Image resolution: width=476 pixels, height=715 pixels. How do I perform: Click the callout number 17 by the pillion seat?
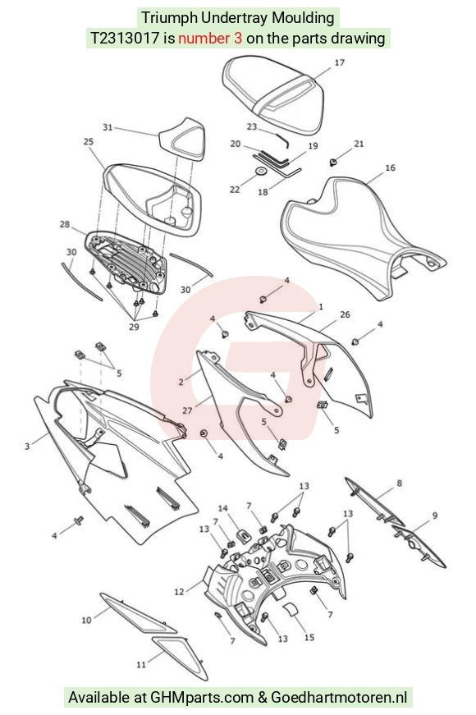340,62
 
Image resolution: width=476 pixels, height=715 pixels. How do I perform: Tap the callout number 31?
108,127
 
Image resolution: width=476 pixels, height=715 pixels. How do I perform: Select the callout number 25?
89,141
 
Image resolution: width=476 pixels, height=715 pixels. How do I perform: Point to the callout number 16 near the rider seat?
391,167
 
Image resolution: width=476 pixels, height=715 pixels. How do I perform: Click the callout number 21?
359,144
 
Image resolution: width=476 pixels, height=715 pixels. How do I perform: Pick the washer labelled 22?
262,172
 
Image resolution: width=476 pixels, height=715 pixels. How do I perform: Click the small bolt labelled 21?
333,162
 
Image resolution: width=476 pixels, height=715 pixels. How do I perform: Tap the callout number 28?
65,224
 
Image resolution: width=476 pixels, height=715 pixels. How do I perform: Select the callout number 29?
134,327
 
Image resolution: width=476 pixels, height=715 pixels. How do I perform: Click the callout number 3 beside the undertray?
27,446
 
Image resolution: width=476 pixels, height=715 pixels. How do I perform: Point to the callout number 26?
346,314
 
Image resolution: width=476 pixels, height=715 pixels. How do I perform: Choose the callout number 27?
187,410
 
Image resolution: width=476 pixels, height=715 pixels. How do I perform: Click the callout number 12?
179,591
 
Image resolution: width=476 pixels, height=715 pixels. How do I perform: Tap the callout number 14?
223,508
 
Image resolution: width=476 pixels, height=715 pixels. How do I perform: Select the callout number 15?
309,637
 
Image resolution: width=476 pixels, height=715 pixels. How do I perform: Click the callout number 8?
400,483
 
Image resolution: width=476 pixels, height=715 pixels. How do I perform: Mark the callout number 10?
86,620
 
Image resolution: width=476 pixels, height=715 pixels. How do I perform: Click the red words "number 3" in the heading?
210,38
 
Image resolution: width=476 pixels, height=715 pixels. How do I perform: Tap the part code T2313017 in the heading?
125,38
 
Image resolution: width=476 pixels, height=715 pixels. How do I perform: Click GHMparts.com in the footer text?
202,697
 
